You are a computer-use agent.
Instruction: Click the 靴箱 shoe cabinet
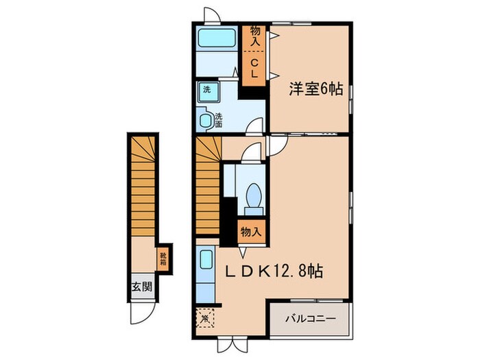coord(164,259)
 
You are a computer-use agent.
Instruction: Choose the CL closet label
coord(254,67)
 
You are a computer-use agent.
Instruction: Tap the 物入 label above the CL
coord(254,36)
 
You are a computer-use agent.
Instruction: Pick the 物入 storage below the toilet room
coord(250,232)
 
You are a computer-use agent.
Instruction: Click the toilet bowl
coord(251,195)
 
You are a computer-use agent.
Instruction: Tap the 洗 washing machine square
coord(206,89)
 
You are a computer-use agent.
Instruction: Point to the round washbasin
coord(206,121)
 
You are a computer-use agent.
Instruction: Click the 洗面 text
coord(219,121)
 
